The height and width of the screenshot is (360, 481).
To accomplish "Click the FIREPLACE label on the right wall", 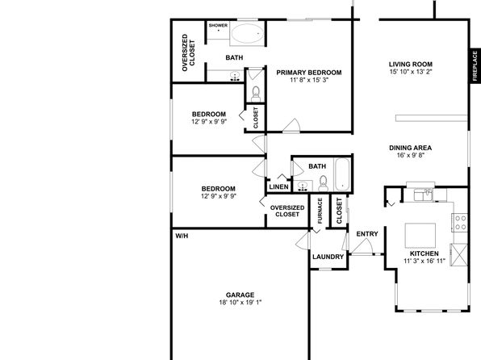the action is pyautogui.click(x=475, y=66).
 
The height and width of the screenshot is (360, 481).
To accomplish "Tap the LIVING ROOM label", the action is pyautogui.click(x=411, y=65).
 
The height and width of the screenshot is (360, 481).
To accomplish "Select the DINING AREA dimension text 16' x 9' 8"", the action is pyautogui.click(x=411, y=155).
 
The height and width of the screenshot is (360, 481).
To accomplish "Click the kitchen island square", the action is pyautogui.click(x=420, y=236).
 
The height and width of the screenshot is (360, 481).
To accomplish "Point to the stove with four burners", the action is pyautogui.click(x=460, y=223).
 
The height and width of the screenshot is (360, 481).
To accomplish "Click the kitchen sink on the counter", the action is pyautogui.click(x=424, y=195).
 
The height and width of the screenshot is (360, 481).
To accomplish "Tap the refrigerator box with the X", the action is pyautogui.click(x=459, y=254).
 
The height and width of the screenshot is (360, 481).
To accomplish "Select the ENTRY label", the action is pyautogui.click(x=367, y=234).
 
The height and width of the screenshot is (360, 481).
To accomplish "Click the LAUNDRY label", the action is pyautogui.click(x=328, y=257).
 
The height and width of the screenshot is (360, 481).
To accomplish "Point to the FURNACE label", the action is pyautogui.click(x=320, y=211).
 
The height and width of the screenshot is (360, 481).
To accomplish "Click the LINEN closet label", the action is pyautogui.click(x=279, y=187).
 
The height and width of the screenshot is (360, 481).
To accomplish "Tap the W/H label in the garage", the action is pyautogui.click(x=182, y=236).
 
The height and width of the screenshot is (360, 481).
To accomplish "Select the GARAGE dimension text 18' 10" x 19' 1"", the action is pyautogui.click(x=240, y=303).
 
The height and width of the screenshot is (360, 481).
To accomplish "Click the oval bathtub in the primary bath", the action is pyautogui.click(x=247, y=33).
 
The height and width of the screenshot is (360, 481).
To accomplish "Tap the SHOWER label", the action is pyautogui.click(x=218, y=26).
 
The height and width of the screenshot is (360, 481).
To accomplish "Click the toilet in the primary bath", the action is pyautogui.click(x=256, y=94).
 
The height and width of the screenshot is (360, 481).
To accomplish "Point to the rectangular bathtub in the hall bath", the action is pyautogui.click(x=341, y=174).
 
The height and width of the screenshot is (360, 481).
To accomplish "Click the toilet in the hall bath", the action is pyautogui.click(x=323, y=183).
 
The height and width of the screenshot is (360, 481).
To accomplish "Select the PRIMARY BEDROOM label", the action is pyautogui.click(x=309, y=73).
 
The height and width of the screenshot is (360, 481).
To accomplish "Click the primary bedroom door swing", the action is pyautogui.click(x=291, y=126).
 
